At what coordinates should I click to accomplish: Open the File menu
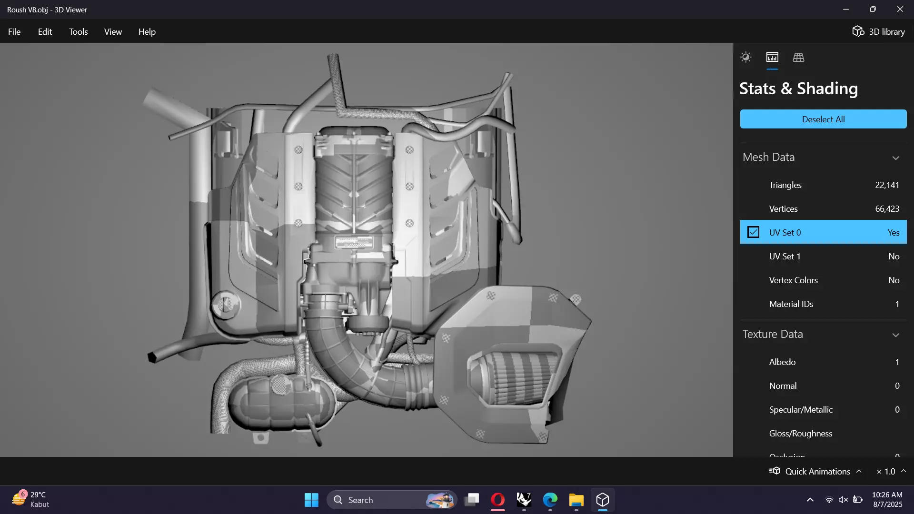point(14,32)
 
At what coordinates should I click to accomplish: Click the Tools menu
point(78,32)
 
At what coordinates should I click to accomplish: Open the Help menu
point(147,32)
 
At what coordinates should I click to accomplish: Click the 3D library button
point(878,32)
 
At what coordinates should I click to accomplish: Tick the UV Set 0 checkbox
point(753,232)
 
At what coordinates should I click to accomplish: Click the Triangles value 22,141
point(887,185)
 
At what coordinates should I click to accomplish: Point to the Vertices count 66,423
point(887,209)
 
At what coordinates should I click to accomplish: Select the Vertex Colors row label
point(793,280)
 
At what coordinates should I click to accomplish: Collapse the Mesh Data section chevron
point(895,158)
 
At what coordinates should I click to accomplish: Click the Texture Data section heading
point(773,334)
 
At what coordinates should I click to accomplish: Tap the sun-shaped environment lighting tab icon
point(746,58)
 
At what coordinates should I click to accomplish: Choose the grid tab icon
point(798,58)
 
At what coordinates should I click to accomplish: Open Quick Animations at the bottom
point(817,471)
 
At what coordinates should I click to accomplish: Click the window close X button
point(900,10)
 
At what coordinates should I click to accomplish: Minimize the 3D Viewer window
point(846,10)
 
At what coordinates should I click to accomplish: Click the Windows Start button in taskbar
point(311,500)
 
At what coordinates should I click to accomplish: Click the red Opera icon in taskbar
point(497,500)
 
